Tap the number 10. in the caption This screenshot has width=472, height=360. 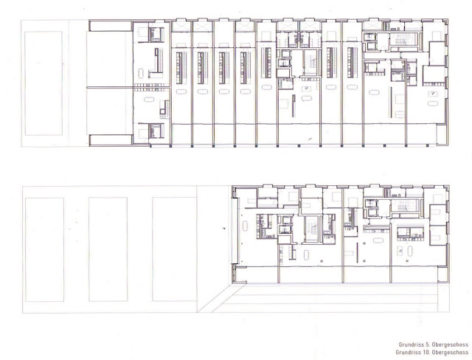(425, 352)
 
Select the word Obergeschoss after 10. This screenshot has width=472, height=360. (450, 352)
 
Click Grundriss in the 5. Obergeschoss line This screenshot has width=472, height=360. (411, 345)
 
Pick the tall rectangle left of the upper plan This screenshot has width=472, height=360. (44, 83)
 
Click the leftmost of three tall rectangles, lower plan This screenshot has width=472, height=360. (44, 249)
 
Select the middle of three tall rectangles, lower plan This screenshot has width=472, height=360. (108, 249)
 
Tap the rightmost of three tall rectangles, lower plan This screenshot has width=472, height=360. (175, 249)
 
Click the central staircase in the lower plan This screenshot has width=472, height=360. (311, 228)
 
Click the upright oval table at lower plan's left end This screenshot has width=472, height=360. (245, 226)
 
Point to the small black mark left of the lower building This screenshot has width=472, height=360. (223, 228)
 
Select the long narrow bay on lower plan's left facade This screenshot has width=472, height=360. (235, 231)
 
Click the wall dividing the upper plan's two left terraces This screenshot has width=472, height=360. (110, 88)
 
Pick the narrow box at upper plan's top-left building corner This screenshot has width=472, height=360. (111, 26)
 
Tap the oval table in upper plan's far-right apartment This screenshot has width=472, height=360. (433, 103)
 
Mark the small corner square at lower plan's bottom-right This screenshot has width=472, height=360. (442, 274)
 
